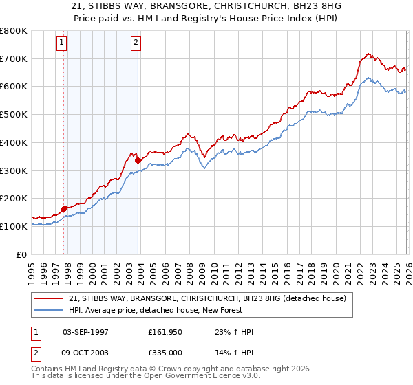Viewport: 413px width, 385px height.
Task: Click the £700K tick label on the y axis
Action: click(x=14, y=58)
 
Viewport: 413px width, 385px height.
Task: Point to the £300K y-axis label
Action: click(x=14, y=170)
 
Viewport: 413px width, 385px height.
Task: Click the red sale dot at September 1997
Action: click(x=64, y=209)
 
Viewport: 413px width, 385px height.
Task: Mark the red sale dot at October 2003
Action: click(x=138, y=160)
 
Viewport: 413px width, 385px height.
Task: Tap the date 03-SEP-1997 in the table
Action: click(x=86, y=332)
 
